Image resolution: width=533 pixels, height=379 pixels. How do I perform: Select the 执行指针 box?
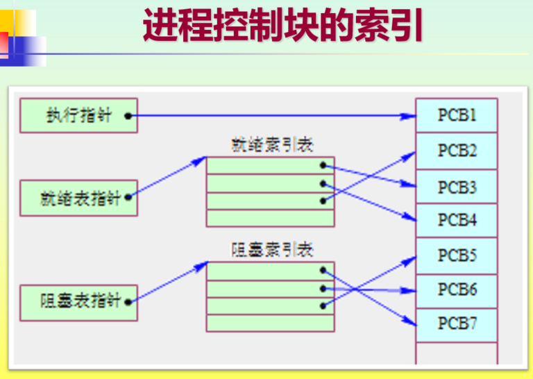click(78, 116)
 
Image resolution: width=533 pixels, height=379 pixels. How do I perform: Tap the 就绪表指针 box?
click(78, 198)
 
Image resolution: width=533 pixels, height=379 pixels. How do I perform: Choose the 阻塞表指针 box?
click(78, 302)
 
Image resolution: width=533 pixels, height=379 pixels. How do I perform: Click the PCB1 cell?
click(457, 115)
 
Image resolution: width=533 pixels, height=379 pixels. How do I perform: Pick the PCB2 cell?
click(457, 151)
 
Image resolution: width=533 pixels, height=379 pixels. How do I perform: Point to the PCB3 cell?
click(457, 187)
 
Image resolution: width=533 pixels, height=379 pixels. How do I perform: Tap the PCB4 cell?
click(457, 221)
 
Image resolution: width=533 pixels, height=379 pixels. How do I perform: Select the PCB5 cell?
click(457, 255)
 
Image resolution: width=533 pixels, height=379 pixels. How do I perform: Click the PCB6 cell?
click(457, 289)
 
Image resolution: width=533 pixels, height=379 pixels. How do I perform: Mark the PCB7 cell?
click(457, 323)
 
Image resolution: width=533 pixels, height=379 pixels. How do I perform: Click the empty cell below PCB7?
click(457, 352)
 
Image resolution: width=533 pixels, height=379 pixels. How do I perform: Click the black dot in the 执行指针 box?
click(129, 117)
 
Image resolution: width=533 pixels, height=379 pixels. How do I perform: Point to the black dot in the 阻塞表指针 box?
click(128, 301)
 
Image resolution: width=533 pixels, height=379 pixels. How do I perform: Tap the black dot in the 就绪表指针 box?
click(128, 198)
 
